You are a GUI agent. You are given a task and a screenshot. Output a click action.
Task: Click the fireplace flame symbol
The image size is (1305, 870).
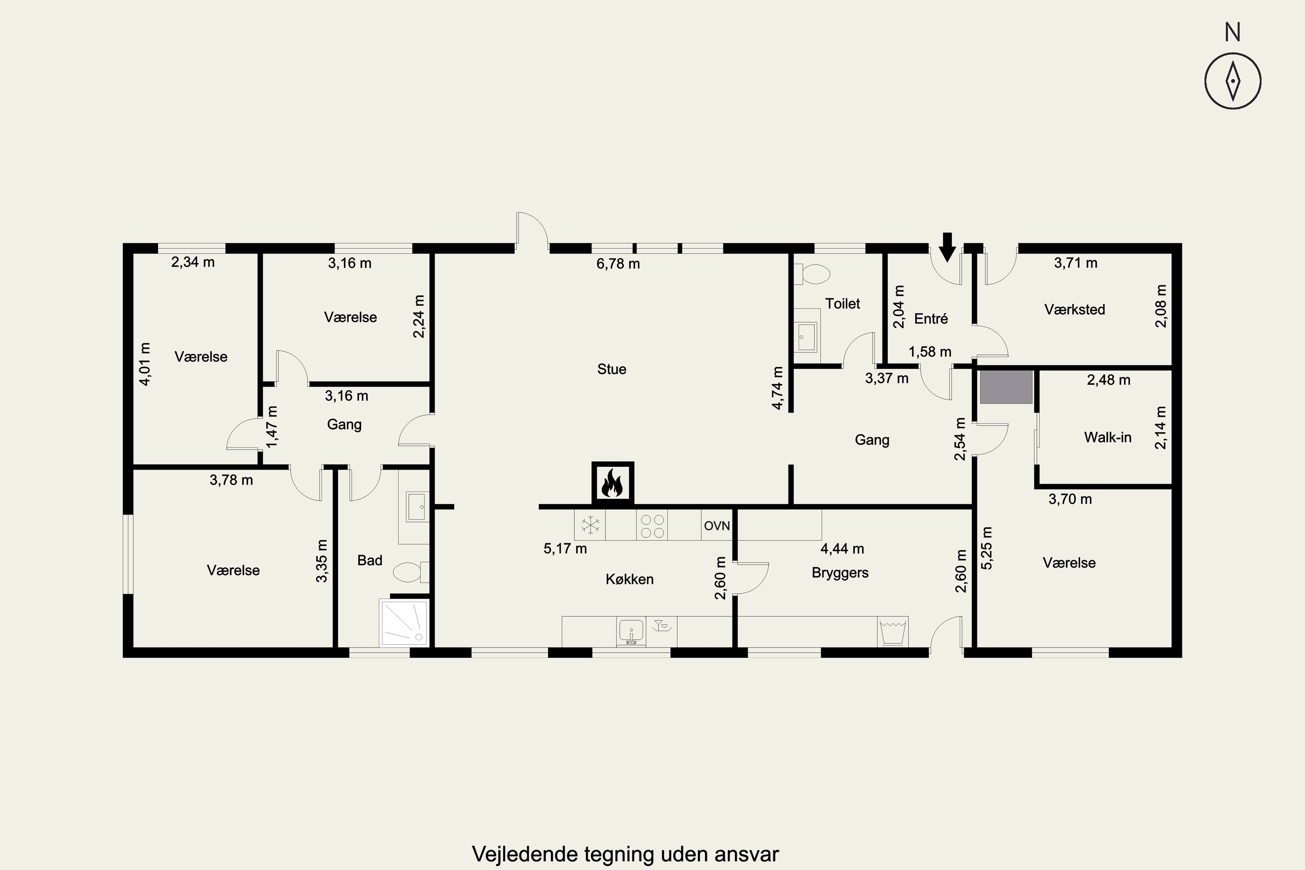(612, 483)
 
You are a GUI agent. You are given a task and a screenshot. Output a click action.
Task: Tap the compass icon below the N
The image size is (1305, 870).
(1232, 80)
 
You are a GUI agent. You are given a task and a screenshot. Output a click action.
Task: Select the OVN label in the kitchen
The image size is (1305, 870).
(717, 525)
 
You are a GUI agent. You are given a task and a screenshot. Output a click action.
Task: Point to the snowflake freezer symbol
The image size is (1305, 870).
(590, 525)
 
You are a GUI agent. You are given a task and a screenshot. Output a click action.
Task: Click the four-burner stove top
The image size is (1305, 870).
(652, 525)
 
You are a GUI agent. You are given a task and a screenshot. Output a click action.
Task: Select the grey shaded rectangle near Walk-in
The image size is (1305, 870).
(1006, 387)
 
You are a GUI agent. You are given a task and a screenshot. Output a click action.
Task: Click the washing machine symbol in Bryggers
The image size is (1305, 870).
(893, 632)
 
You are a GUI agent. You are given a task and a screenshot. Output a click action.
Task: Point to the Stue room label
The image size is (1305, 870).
(612, 369)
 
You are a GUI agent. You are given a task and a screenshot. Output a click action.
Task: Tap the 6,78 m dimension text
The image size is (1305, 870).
(618, 264)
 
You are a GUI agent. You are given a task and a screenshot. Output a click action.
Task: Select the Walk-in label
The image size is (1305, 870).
(1108, 437)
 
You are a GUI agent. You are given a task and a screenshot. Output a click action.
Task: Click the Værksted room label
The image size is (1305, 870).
(1075, 310)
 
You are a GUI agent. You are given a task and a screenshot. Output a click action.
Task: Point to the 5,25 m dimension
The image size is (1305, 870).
(987, 548)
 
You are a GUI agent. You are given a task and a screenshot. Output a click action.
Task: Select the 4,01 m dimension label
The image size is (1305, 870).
(144, 364)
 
